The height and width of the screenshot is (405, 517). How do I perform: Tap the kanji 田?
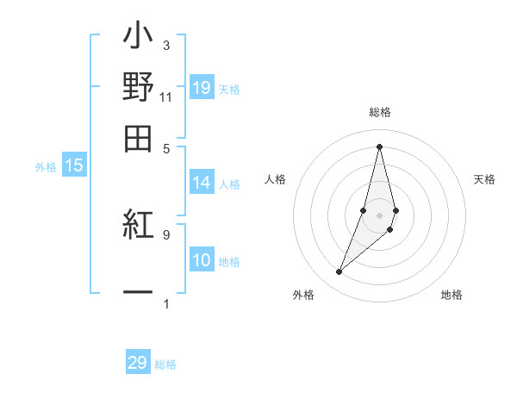coord(138,139)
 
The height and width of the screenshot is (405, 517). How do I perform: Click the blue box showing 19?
coord(202,88)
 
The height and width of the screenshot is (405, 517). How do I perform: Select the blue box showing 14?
coord(202,183)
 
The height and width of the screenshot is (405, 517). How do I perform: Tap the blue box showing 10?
coord(202,260)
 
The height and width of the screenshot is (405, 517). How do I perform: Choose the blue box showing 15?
coord(73,166)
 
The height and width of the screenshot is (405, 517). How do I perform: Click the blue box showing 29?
coord(138,363)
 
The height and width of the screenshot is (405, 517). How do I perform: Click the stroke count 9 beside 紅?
coord(165,234)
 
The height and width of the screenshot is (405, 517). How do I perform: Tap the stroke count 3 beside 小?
coord(165,45)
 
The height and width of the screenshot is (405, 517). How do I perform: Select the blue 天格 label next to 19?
coord(229,90)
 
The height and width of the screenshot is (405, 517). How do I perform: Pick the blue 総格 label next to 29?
coord(165,364)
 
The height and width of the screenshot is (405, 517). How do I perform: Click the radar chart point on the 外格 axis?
coord(339,272)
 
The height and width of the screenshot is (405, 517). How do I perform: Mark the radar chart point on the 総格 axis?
coord(379,146)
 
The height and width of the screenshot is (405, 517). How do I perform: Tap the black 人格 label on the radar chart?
coord(276,179)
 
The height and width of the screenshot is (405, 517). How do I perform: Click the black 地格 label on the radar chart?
coord(452,296)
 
